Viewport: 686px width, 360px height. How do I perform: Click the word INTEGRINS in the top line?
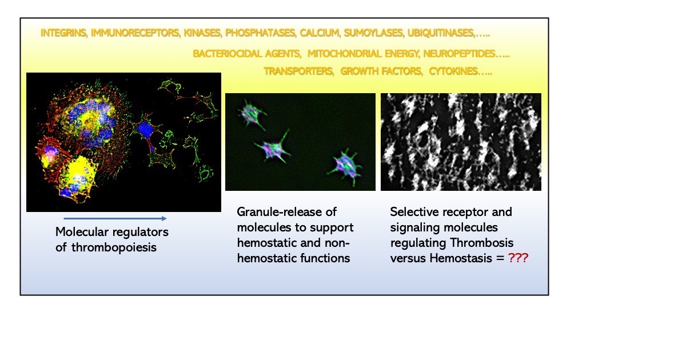tap(63, 33)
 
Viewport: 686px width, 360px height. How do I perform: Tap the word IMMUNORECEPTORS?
tap(135, 33)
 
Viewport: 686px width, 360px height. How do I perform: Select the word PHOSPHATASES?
tap(261, 33)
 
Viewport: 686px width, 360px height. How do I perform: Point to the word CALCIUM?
tap(320, 33)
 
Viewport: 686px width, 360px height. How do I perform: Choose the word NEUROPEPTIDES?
tap(459, 54)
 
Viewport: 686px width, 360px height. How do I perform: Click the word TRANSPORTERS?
tap(298, 71)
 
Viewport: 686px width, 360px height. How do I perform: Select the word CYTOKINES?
tap(453, 71)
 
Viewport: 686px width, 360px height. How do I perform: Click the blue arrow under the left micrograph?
tap(115, 218)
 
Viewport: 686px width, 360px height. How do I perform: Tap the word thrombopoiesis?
tap(114, 247)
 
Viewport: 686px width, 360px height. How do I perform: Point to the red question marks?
tap(518, 258)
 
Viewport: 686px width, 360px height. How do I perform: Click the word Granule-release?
tap(286, 212)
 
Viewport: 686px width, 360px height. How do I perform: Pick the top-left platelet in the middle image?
tap(252, 114)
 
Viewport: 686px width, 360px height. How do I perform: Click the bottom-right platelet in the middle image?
tap(345, 167)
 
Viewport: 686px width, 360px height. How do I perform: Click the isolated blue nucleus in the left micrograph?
tap(145, 130)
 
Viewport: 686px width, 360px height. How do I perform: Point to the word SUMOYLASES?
tap(374, 33)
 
